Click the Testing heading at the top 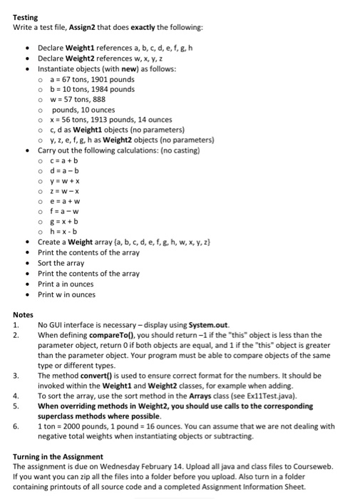(26, 16)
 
